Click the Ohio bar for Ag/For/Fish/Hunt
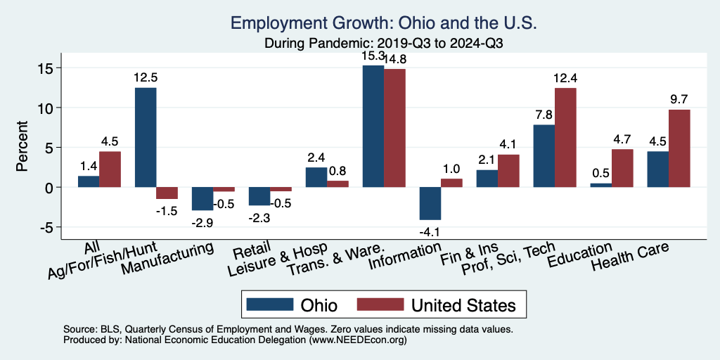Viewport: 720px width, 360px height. [x=146, y=138]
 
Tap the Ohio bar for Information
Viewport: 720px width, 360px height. [x=430, y=204]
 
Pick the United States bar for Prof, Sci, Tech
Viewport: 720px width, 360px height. [x=565, y=138]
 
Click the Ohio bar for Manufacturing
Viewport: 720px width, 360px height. [x=202, y=199]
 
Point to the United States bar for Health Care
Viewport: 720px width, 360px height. [x=679, y=148]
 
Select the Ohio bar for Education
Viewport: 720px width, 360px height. [x=600, y=185]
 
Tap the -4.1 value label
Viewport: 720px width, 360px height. [x=430, y=230]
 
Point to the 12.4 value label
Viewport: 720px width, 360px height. [x=565, y=77]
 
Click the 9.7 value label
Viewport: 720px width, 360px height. [x=679, y=99]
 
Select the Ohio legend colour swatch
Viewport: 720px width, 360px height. [x=269, y=304]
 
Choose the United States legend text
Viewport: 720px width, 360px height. [x=463, y=305]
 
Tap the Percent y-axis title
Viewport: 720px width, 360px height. [x=23, y=148]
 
